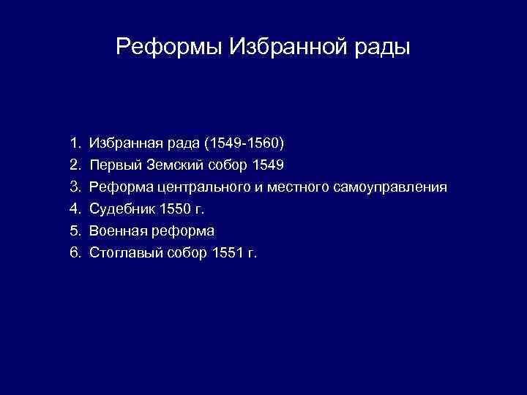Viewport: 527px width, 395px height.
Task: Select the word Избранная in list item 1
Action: click(122, 140)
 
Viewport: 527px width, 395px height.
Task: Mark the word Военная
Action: click(117, 231)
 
